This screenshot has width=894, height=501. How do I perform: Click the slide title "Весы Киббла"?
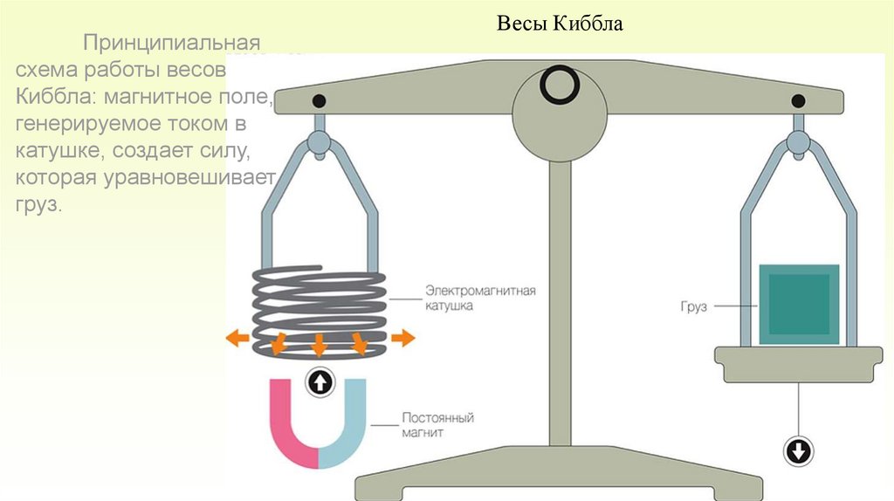(x=560, y=24)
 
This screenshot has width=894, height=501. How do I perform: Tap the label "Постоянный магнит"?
(x=437, y=425)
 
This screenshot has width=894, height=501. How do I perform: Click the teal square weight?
(x=799, y=304)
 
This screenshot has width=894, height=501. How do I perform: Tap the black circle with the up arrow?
(x=320, y=381)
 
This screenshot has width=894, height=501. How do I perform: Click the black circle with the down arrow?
(x=799, y=451)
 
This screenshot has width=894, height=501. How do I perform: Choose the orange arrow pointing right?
(x=402, y=338)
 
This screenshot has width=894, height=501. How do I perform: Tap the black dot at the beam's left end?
(x=319, y=100)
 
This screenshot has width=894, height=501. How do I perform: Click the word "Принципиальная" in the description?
(x=172, y=43)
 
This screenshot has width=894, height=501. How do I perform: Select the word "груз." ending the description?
(x=39, y=205)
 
